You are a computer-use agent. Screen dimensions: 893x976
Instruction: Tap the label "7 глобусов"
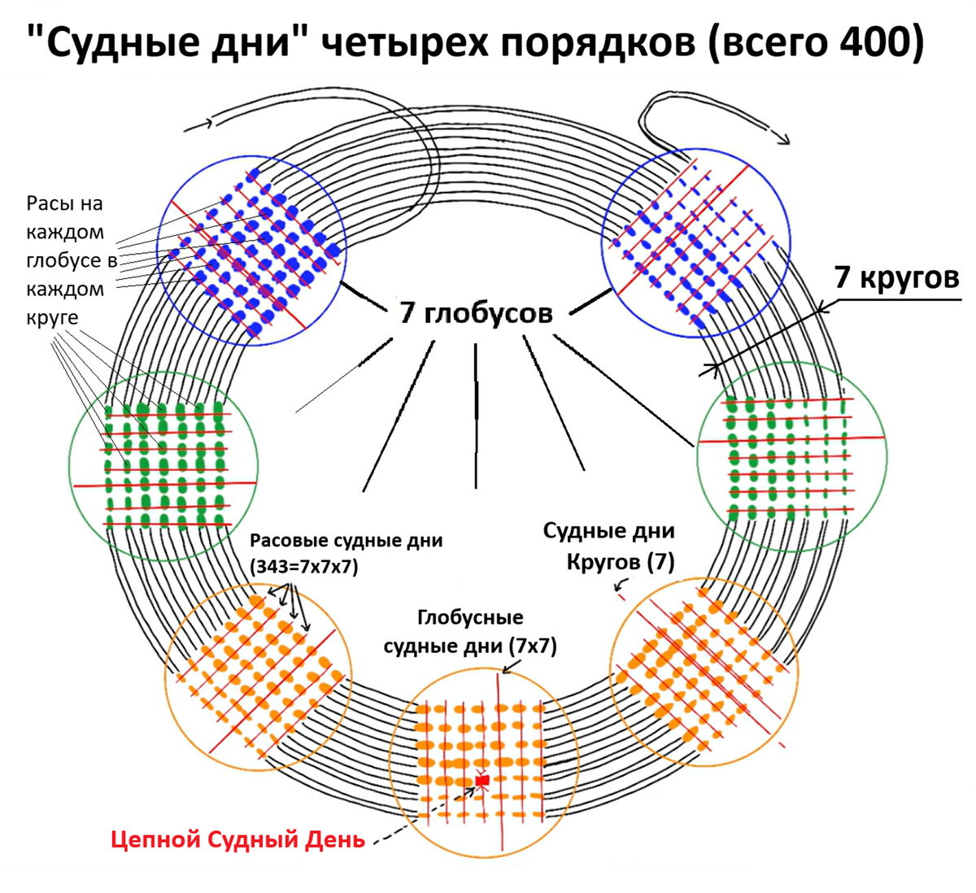tap(476, 313)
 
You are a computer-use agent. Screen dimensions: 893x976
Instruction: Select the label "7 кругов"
tap(897, 278)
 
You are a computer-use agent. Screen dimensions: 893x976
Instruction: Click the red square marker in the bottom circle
tap(482, 780)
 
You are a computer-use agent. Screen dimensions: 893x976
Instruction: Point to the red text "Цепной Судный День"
tap(237, 839)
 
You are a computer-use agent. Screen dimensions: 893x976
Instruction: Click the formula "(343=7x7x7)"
tap(303, 567)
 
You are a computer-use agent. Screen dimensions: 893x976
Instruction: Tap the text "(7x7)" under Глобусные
tap(533, 647)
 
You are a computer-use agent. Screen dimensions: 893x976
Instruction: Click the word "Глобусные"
tap(469, 618)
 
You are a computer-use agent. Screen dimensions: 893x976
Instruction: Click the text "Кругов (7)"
tap(620, 561)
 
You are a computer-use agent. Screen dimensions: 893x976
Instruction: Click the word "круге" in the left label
tap(52, 317)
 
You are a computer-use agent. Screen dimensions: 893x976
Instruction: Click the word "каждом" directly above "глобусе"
tap(65, 232)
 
